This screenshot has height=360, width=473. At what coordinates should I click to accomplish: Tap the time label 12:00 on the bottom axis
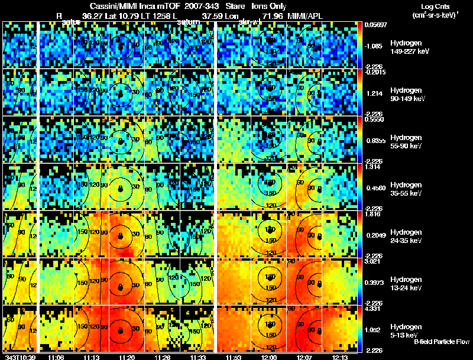point(270,357)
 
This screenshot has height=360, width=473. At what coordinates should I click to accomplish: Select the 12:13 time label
point(341,357)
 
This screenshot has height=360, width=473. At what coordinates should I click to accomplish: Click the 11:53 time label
point(231,357)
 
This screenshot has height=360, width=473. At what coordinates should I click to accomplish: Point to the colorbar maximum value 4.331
point(374,309)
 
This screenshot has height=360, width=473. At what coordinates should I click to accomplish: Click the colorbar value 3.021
point(374,261)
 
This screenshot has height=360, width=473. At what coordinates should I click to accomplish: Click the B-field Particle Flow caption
point(441,342)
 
